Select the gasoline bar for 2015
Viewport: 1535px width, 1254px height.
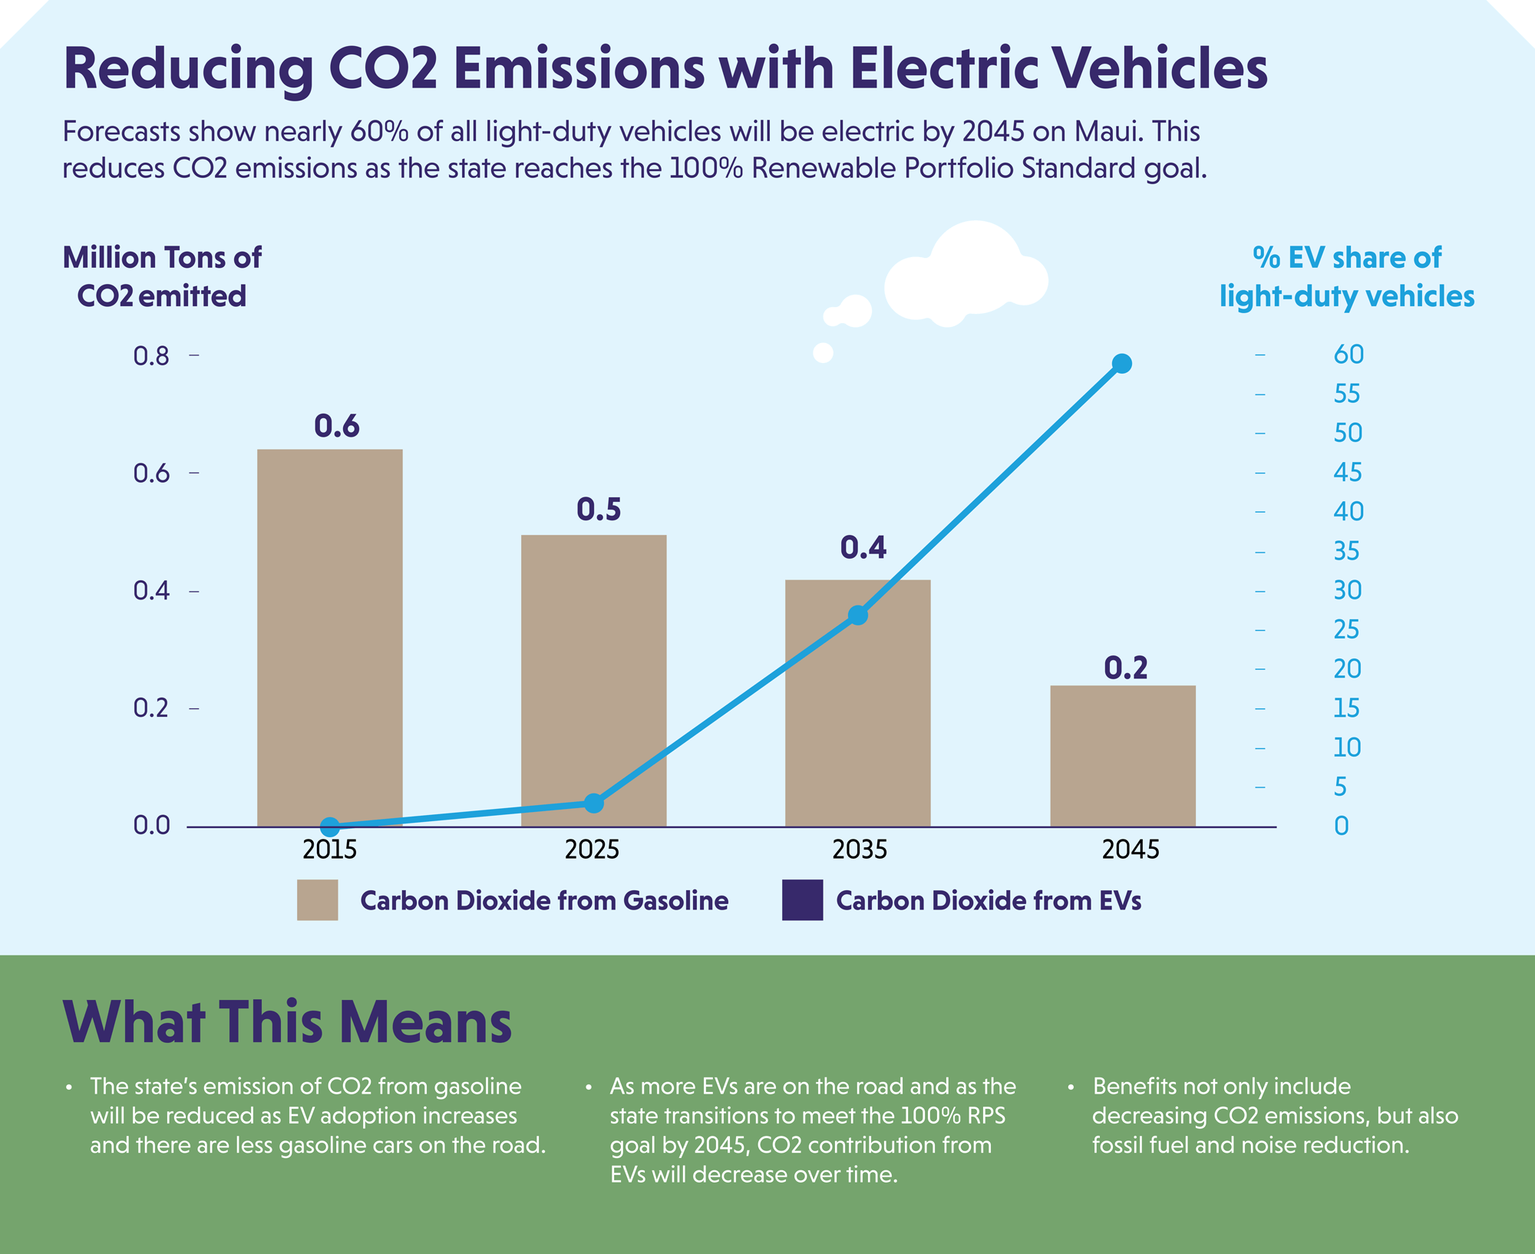[329, 637]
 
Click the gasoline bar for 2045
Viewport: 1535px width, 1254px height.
[1122, 756]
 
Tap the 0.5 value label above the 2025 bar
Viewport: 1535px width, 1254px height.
[599, 510]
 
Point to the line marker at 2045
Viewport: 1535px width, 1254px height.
[1121, 363]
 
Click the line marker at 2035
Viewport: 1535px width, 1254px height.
[858, 615]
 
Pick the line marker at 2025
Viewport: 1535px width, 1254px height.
[594, 803]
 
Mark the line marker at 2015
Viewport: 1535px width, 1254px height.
[330, 827]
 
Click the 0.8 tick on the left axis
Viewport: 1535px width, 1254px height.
[152, 356]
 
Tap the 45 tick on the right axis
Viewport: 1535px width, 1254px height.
[1347, 472]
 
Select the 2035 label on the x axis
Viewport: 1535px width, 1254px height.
[860, 850]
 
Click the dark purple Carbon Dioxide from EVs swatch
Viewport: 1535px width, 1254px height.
[802, 899]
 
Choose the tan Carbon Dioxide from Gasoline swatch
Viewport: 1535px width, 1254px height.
[317, 899]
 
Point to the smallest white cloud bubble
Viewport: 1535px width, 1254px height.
[823, 353]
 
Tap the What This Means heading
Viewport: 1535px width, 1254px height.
[287, 1022]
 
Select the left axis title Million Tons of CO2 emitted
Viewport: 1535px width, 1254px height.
[162, 276]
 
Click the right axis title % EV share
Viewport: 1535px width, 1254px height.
[1347, 276]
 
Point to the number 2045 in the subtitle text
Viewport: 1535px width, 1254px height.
[993, 132]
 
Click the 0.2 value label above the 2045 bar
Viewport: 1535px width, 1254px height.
[1125, 668]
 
